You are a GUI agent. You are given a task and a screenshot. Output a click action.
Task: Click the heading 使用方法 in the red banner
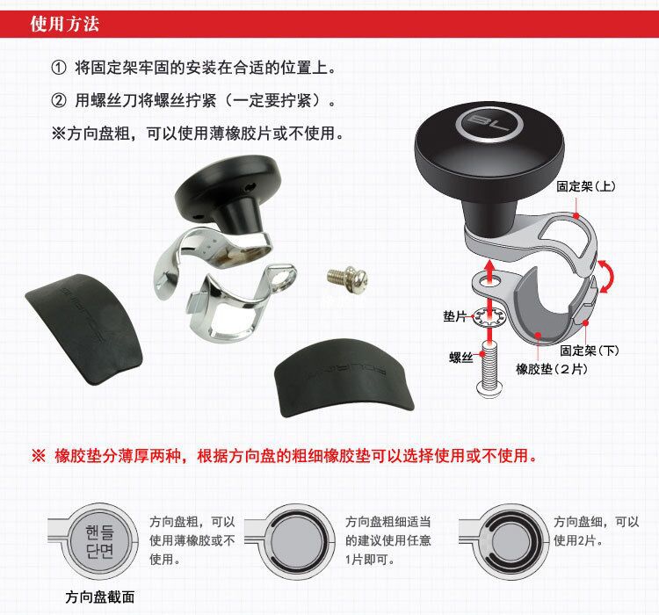65,24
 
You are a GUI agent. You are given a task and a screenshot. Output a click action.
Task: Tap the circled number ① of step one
58,68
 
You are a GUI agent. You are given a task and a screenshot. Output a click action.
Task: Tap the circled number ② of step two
58,100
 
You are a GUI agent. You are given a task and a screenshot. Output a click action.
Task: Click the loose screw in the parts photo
348,278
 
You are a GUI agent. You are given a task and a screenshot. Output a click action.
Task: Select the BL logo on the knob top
489,124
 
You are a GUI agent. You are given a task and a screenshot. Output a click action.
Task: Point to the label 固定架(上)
586,186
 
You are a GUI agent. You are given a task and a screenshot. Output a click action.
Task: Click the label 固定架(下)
590,351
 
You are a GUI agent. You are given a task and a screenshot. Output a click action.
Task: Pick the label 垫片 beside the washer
455,316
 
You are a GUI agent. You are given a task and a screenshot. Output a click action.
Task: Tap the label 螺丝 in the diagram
461,358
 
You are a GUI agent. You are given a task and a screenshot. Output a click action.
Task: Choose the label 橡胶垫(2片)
552,369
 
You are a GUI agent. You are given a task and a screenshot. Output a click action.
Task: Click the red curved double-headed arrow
607,276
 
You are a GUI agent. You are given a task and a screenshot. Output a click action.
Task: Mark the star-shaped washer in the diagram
489,317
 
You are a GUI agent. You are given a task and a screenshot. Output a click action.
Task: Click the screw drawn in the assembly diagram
489,369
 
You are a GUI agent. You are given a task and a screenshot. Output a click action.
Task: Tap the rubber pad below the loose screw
344,378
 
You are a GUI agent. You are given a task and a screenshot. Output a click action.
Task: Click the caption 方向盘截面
100,597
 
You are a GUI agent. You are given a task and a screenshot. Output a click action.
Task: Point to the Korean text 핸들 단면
99,541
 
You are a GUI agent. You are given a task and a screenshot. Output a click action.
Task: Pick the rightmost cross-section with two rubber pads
511,542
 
